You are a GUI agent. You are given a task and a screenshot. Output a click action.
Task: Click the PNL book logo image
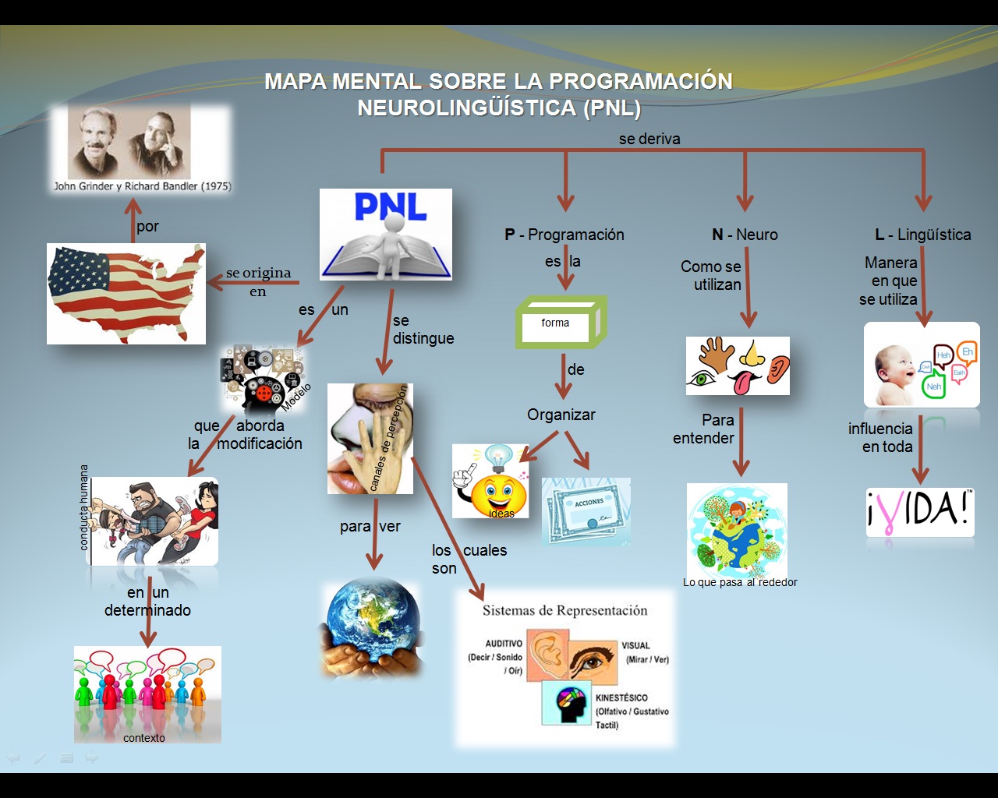[386, 234]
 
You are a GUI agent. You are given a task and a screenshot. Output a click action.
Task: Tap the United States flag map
[126, 294]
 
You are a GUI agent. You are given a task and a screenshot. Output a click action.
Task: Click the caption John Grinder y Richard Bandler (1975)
[142, 186]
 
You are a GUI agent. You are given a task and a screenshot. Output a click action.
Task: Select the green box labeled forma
[561, 323]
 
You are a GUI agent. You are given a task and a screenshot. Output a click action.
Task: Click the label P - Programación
[564, 235]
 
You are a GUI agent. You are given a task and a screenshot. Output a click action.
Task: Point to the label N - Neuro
[745, 235]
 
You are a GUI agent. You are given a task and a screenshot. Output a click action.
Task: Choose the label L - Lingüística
[923, 235]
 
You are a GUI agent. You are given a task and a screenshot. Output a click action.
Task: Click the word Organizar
[561, 415]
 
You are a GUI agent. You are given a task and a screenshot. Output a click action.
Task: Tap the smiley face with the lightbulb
[490, 481]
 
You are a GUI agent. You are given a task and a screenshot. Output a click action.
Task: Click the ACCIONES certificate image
[586, 511]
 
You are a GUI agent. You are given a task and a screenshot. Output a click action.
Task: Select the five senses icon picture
[738, 365]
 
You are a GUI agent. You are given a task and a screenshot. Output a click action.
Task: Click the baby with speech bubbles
[922, 365]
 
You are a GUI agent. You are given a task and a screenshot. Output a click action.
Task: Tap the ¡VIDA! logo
[920, 512]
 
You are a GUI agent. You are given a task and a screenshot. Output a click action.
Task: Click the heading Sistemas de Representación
[564, 610]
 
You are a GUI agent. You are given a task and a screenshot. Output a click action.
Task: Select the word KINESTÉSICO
[621, 698]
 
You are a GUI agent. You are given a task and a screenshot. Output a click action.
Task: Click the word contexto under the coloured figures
[144, 738]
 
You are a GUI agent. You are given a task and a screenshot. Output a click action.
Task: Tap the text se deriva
[649, 139]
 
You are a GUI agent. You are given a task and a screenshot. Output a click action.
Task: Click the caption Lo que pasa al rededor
[740, 582]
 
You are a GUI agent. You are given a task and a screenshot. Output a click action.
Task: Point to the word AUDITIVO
[504, 644]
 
